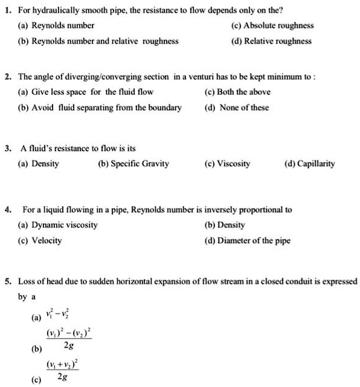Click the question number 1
click(x=5, y=10)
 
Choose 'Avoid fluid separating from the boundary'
click(x=106, y=108)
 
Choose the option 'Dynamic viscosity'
click(x=65, y=225)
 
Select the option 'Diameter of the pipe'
click(x=254, y=241)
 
